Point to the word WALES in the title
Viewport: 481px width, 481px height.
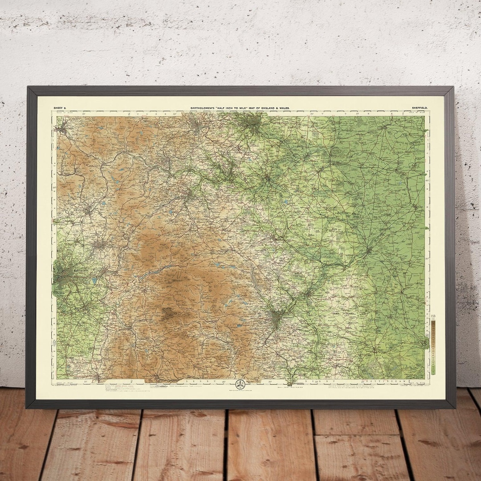point(284,108)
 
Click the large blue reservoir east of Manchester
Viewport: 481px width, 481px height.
point(94,281)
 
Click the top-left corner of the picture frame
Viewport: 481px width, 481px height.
point(28,88)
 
